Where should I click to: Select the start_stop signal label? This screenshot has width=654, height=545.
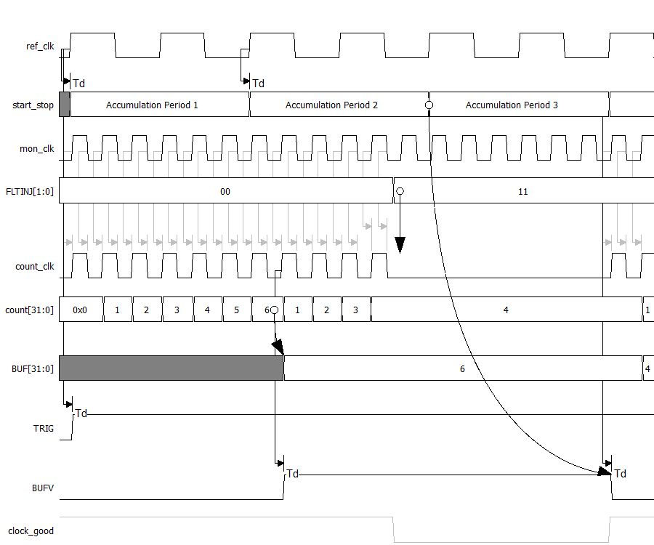(x=33, y=105)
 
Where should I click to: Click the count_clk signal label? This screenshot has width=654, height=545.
(x=35, y=267)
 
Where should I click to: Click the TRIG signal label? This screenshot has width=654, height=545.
(x=44, y=428)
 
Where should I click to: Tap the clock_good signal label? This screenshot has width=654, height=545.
(x=31, y=531)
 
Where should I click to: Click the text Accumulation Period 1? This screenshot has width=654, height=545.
(x=152, y=105)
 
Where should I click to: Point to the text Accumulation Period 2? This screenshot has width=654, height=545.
(x=331, y=105)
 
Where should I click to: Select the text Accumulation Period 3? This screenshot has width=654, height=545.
(x=512, y=105)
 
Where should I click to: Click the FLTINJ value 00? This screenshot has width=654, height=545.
(x=225, y=192)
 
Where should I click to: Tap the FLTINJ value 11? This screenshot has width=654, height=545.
(x=522, y=192)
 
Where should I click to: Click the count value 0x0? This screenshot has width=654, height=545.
(x=80, y=310)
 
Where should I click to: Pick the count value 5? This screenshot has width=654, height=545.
(x=236, y=310)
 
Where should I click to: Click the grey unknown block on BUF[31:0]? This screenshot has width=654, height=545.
(x=171, y=368)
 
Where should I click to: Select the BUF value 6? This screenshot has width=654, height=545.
(x=462, y=369)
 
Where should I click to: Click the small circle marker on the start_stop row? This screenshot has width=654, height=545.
(x=429, y=105)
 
